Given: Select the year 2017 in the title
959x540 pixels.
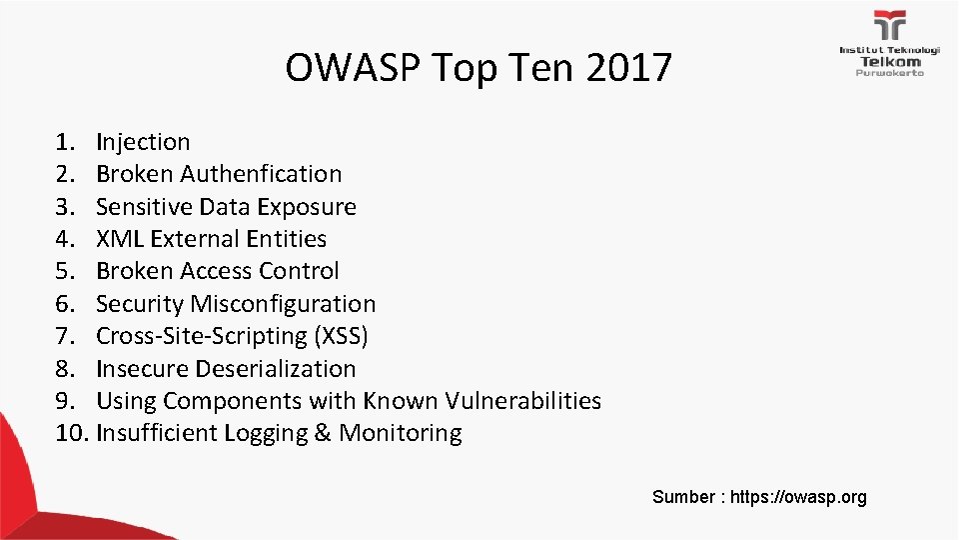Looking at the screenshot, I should click(x=629, y=69).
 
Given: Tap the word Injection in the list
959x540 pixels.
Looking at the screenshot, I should click(x=143, y=142).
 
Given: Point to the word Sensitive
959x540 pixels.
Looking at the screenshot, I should click(x=144, y=207).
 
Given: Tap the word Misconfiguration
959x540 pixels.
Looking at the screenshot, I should click(x=283, y=304).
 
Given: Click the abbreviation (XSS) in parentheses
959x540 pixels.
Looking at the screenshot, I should click(x=343, y=336).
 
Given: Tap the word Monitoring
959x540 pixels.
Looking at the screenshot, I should click(x=401, y=433).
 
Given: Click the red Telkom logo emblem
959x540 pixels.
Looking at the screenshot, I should click(x=890, y=26).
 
